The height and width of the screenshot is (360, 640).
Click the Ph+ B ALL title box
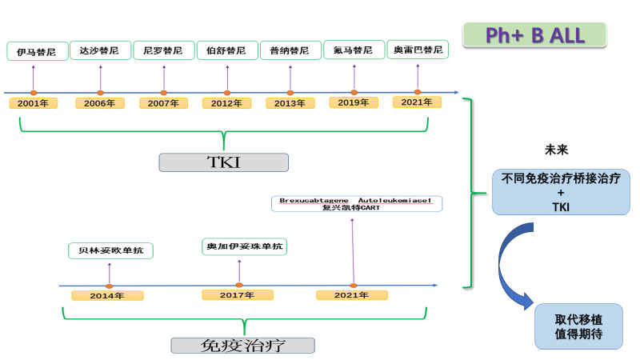[x=534, y=34]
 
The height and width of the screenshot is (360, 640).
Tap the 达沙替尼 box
[x=100, y=50]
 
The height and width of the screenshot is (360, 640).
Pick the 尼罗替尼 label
[x=163, y=50]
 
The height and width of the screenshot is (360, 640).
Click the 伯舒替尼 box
[x=226, y=50]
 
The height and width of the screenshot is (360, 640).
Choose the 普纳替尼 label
[x=290, y=50]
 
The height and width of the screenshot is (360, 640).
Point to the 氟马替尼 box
[x=353, y=50]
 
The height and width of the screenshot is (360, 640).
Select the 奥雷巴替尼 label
[x=417, y=50]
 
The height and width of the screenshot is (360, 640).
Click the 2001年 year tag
[x=33, y=103]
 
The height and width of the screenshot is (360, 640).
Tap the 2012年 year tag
[x=226, y=103]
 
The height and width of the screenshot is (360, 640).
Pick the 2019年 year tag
[x=353, y=102]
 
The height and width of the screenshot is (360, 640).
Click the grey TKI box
[x=223, y=162]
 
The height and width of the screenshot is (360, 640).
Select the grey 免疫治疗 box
[x=242, y=346]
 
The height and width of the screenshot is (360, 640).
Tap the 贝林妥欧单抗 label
[x=110, y=250]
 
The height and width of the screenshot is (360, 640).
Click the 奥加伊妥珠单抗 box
[x=244, y=247]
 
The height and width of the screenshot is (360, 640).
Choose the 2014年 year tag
[x=107, y=296]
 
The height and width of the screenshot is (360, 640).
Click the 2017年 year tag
[x=238, y=295]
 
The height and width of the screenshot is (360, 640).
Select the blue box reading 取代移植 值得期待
[x=578, y=326]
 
